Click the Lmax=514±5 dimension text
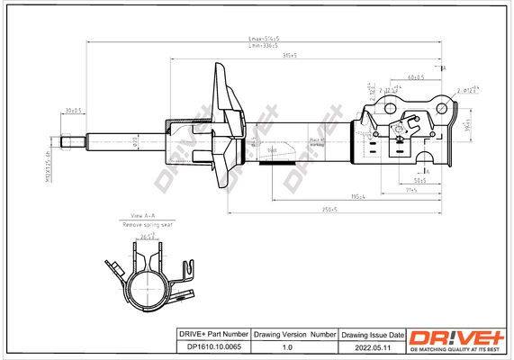pos(264,39)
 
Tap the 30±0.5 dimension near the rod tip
pos(73,111)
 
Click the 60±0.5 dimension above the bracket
pos(415,77)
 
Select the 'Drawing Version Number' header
pos(294,334)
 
